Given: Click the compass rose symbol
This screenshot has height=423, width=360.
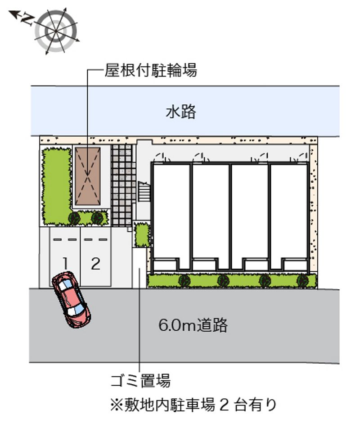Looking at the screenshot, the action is point(56,31).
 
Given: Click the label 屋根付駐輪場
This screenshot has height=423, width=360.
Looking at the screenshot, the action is point(151,70).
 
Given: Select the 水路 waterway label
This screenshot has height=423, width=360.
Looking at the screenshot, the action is point(181,112).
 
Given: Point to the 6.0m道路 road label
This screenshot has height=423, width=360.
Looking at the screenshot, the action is point(193,325).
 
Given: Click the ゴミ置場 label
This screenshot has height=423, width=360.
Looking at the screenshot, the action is point(140,380).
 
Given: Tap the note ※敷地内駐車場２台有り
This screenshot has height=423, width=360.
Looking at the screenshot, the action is point(193,405).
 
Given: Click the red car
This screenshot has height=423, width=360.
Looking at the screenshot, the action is point(71,299).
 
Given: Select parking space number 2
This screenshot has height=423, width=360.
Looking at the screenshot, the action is point(96,264).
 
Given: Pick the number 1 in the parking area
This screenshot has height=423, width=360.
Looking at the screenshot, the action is point(65,264).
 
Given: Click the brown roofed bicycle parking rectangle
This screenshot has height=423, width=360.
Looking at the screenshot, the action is point(88,176).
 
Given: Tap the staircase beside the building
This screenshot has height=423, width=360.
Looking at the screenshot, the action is point(144,191).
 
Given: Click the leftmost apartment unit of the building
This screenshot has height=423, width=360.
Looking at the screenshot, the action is point(171,216).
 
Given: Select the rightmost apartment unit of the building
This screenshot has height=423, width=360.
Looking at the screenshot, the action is point(289,216).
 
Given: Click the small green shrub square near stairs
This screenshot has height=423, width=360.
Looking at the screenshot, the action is point(142,235).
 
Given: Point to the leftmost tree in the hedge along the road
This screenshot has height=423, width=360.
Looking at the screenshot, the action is point(184,281).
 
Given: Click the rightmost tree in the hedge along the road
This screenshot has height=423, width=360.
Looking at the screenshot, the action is point(302,281).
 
